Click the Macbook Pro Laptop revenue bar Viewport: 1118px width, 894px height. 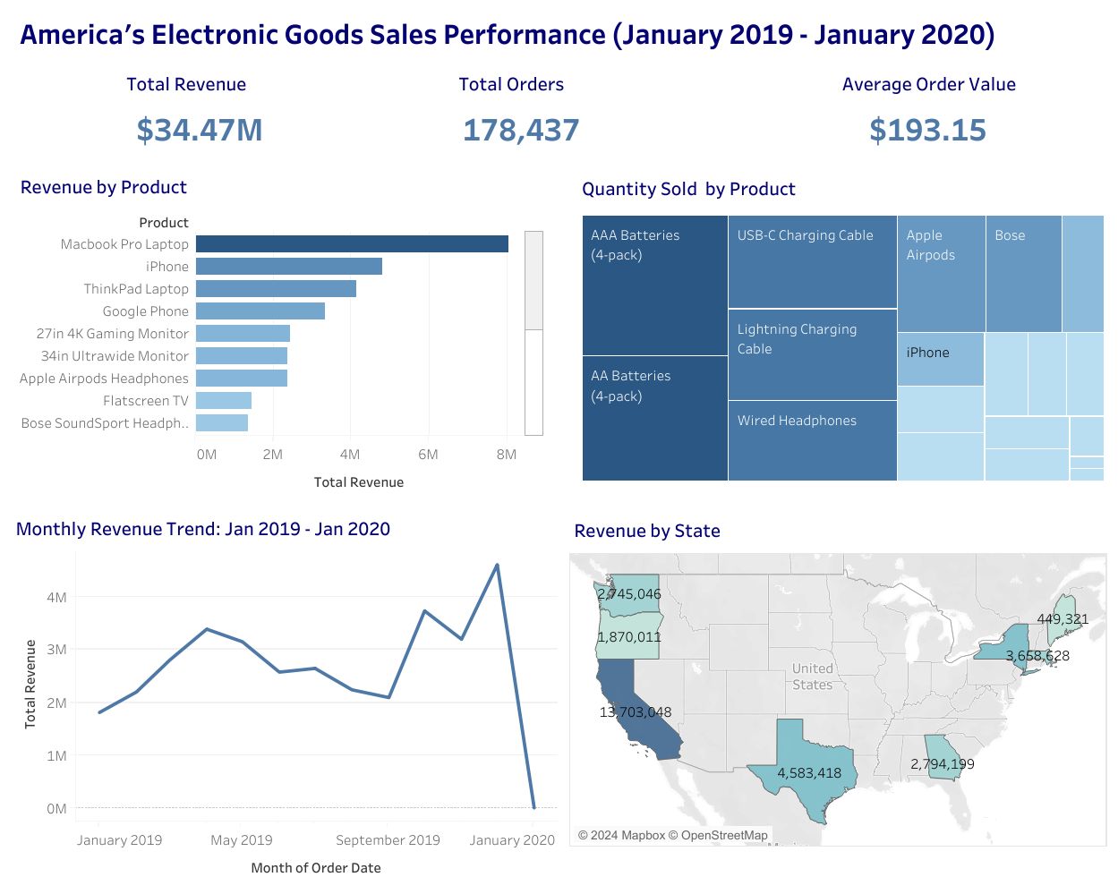(x=352, y=243)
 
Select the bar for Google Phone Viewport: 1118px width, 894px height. (x=260, y=311)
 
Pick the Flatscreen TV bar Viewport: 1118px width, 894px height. (x=223, y=400)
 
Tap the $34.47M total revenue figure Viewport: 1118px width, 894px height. (x=199, y=131)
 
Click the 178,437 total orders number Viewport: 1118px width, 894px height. (x=521, y=131)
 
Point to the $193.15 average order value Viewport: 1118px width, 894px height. (x=927, y=131)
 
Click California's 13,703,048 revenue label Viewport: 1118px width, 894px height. (x=636, y=712)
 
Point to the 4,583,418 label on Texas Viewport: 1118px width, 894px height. (x=809, y=773)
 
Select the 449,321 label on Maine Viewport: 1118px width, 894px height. (x=1063, y=619)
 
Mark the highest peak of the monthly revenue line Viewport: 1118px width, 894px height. (x=497, y=565)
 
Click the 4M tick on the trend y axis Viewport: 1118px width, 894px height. (x=56, y=598)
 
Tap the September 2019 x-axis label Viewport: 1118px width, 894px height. (x=388, y=840)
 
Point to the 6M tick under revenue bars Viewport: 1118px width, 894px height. (x=428, y=455)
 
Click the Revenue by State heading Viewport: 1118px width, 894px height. (x=647, y=532)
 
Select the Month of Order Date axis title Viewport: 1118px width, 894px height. (x=316, y=868)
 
